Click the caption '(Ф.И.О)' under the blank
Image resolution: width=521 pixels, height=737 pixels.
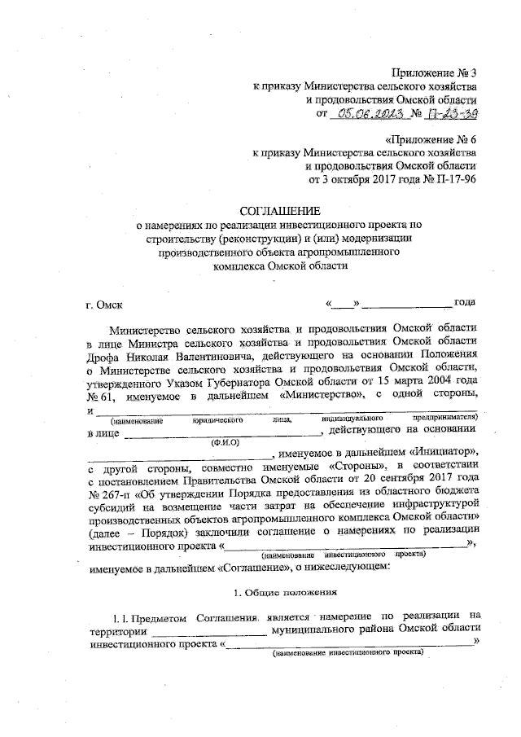[x=225, y=444]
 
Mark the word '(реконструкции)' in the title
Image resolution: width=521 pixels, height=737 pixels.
[x=254, y=239]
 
